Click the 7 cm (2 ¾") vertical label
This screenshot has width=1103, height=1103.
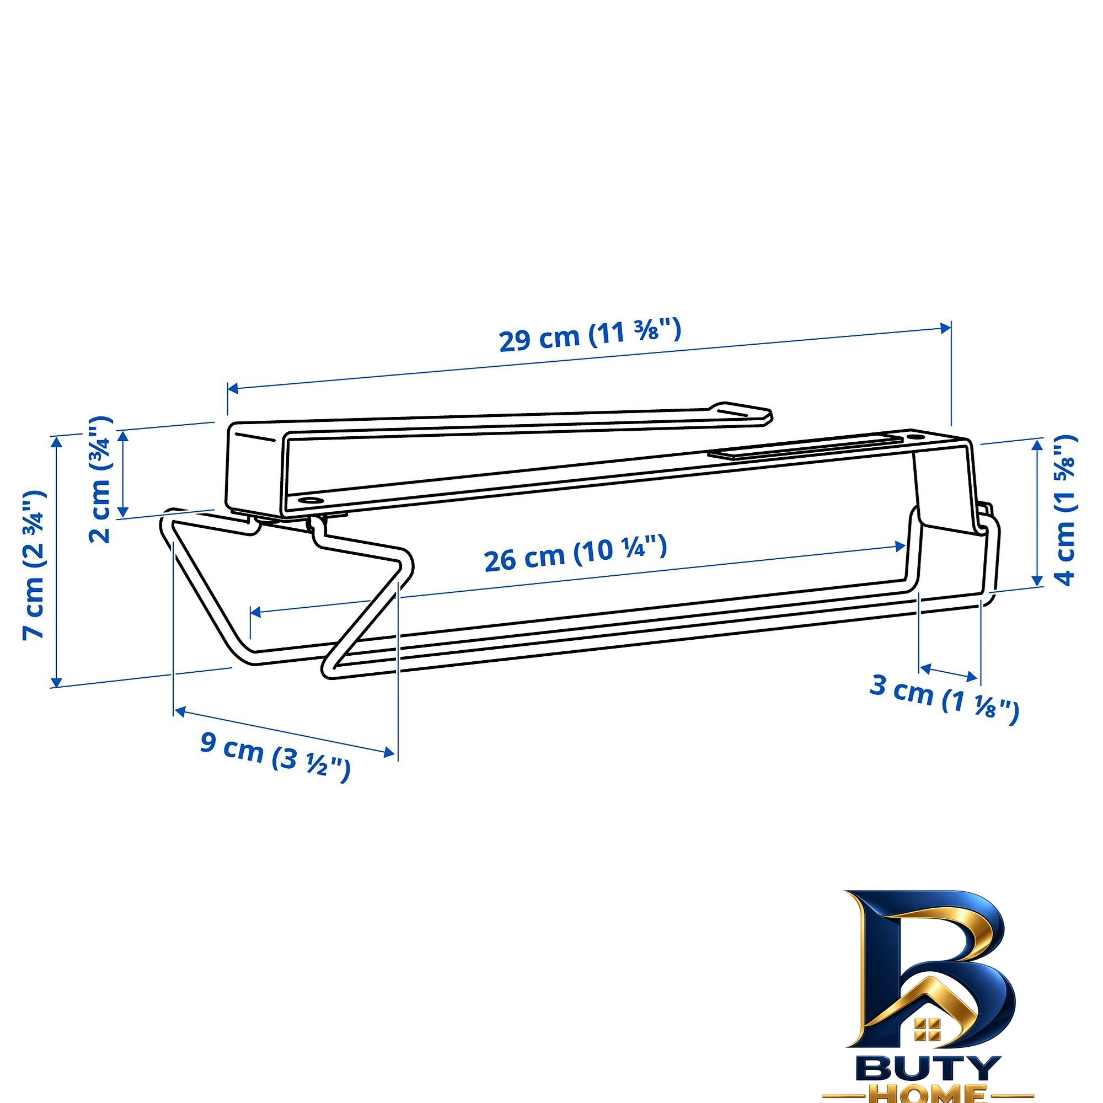34,564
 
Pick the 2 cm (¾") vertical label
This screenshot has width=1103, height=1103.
100,480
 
